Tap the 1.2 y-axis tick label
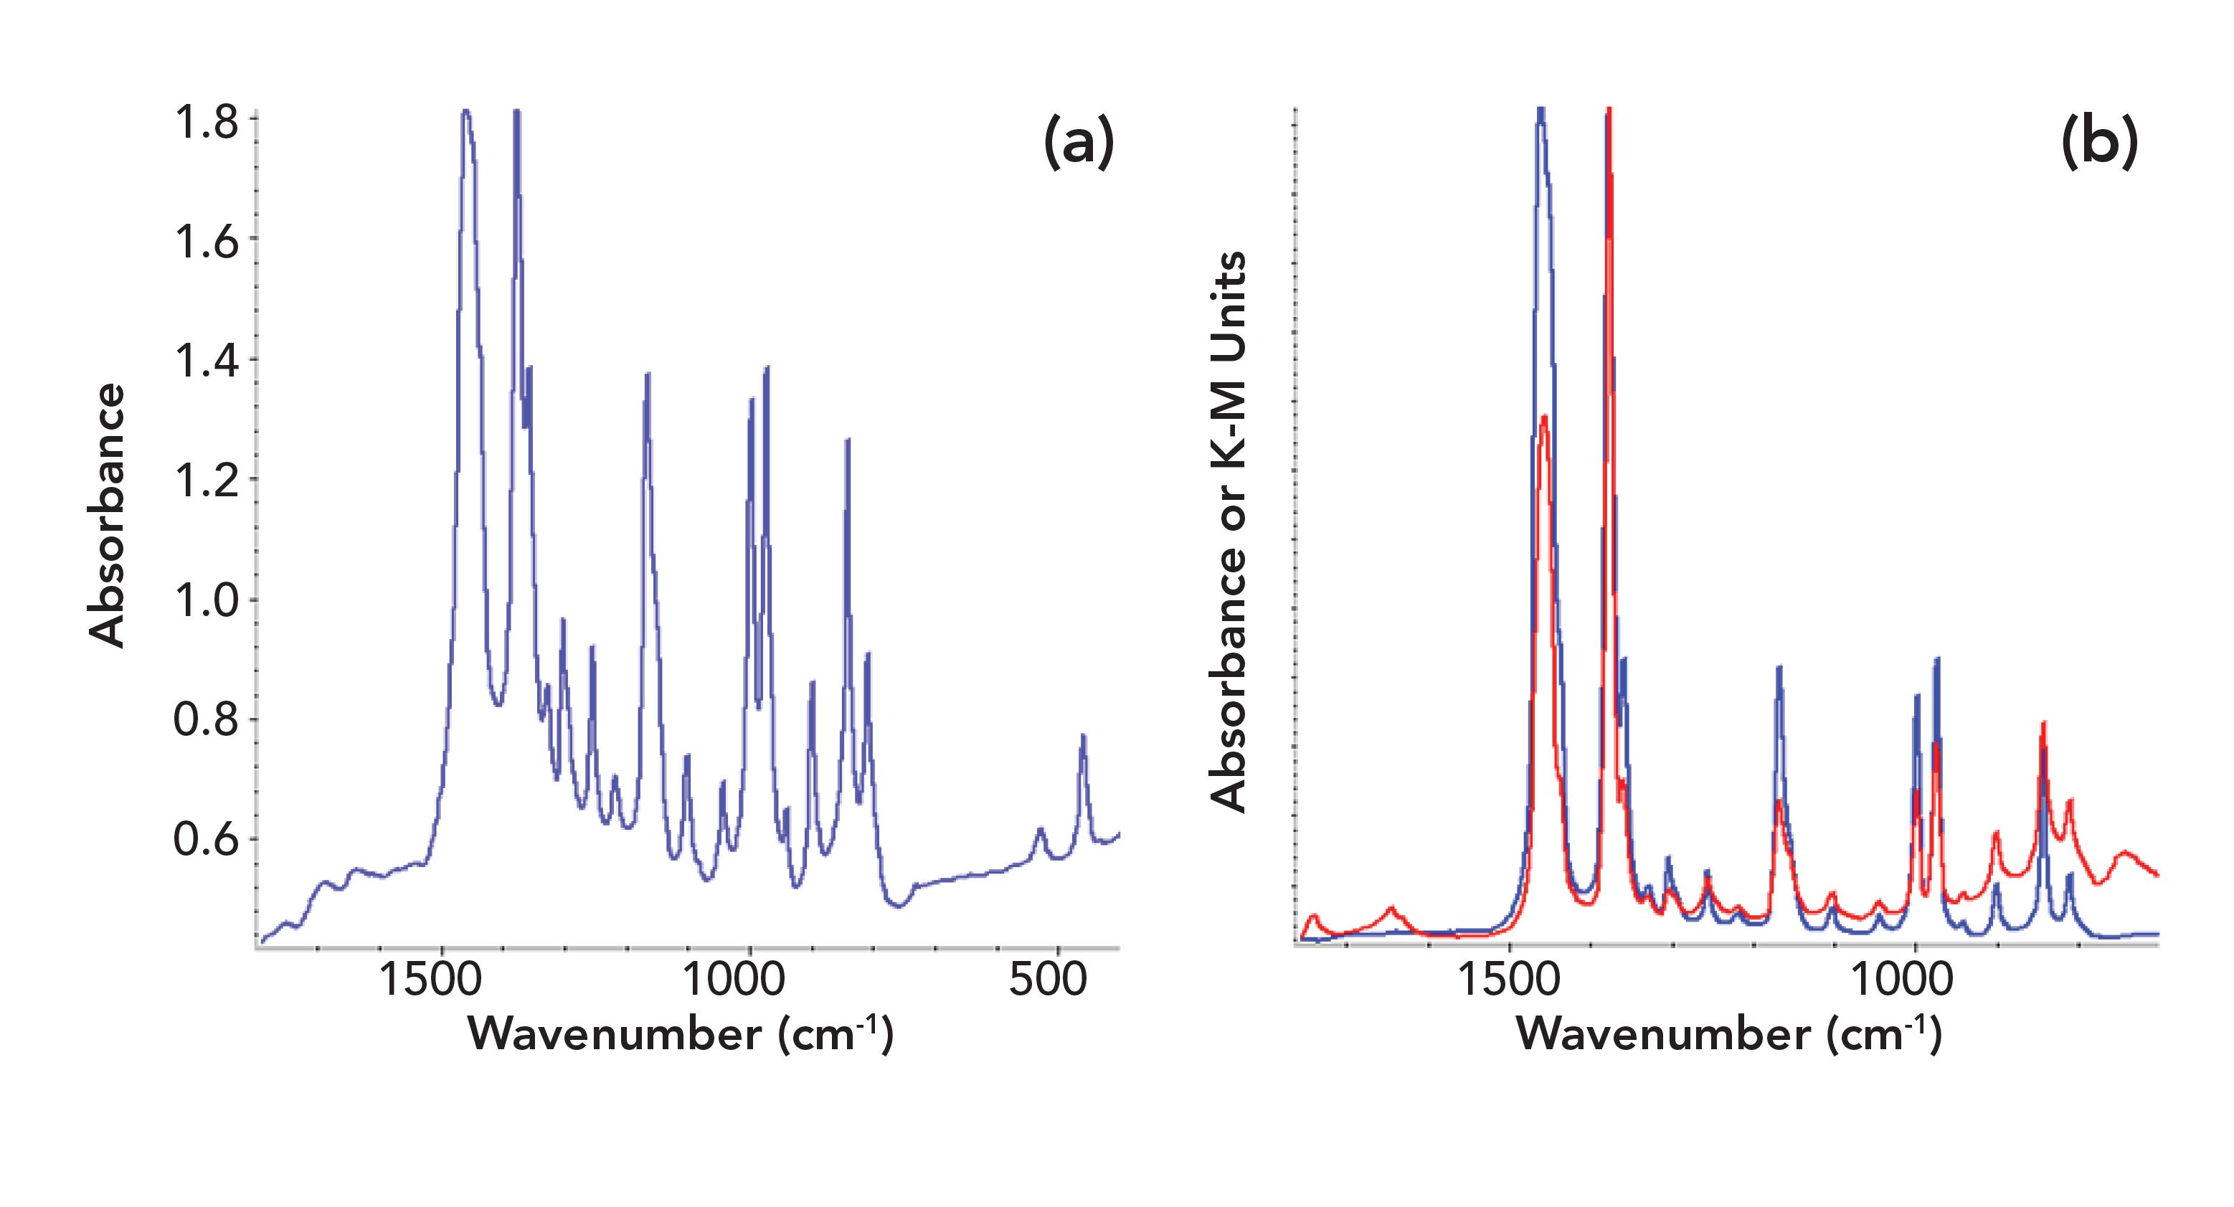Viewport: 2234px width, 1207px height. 206,481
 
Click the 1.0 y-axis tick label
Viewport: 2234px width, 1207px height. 206,600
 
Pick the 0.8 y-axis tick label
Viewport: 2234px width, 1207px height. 206,720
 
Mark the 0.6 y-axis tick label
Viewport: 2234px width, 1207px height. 206,839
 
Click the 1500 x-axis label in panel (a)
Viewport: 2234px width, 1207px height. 430,980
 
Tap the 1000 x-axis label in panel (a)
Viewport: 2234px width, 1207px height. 734,980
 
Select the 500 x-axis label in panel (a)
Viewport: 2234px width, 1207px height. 1048,980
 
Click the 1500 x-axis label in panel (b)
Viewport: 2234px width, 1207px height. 1510,980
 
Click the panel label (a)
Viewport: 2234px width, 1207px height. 1078,143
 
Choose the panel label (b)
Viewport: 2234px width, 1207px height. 2098,143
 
